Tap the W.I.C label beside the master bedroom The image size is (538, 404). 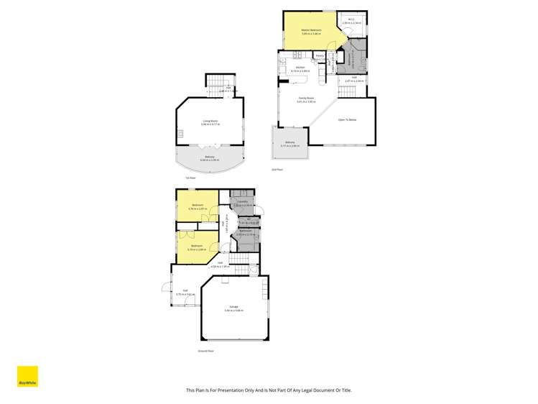[351, 21]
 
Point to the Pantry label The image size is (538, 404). [319, 55]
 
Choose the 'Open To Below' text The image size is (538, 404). [348, 119]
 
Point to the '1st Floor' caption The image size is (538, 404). [190, 178]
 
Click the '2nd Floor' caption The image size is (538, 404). [277, 170]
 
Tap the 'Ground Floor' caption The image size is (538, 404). [206, 351]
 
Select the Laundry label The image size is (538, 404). [243, 202]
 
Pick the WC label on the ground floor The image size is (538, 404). [243, 221]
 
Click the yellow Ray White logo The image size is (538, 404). [27, 377]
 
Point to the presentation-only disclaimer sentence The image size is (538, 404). [269, 390]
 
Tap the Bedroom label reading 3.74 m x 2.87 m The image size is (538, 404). [196, 206]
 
